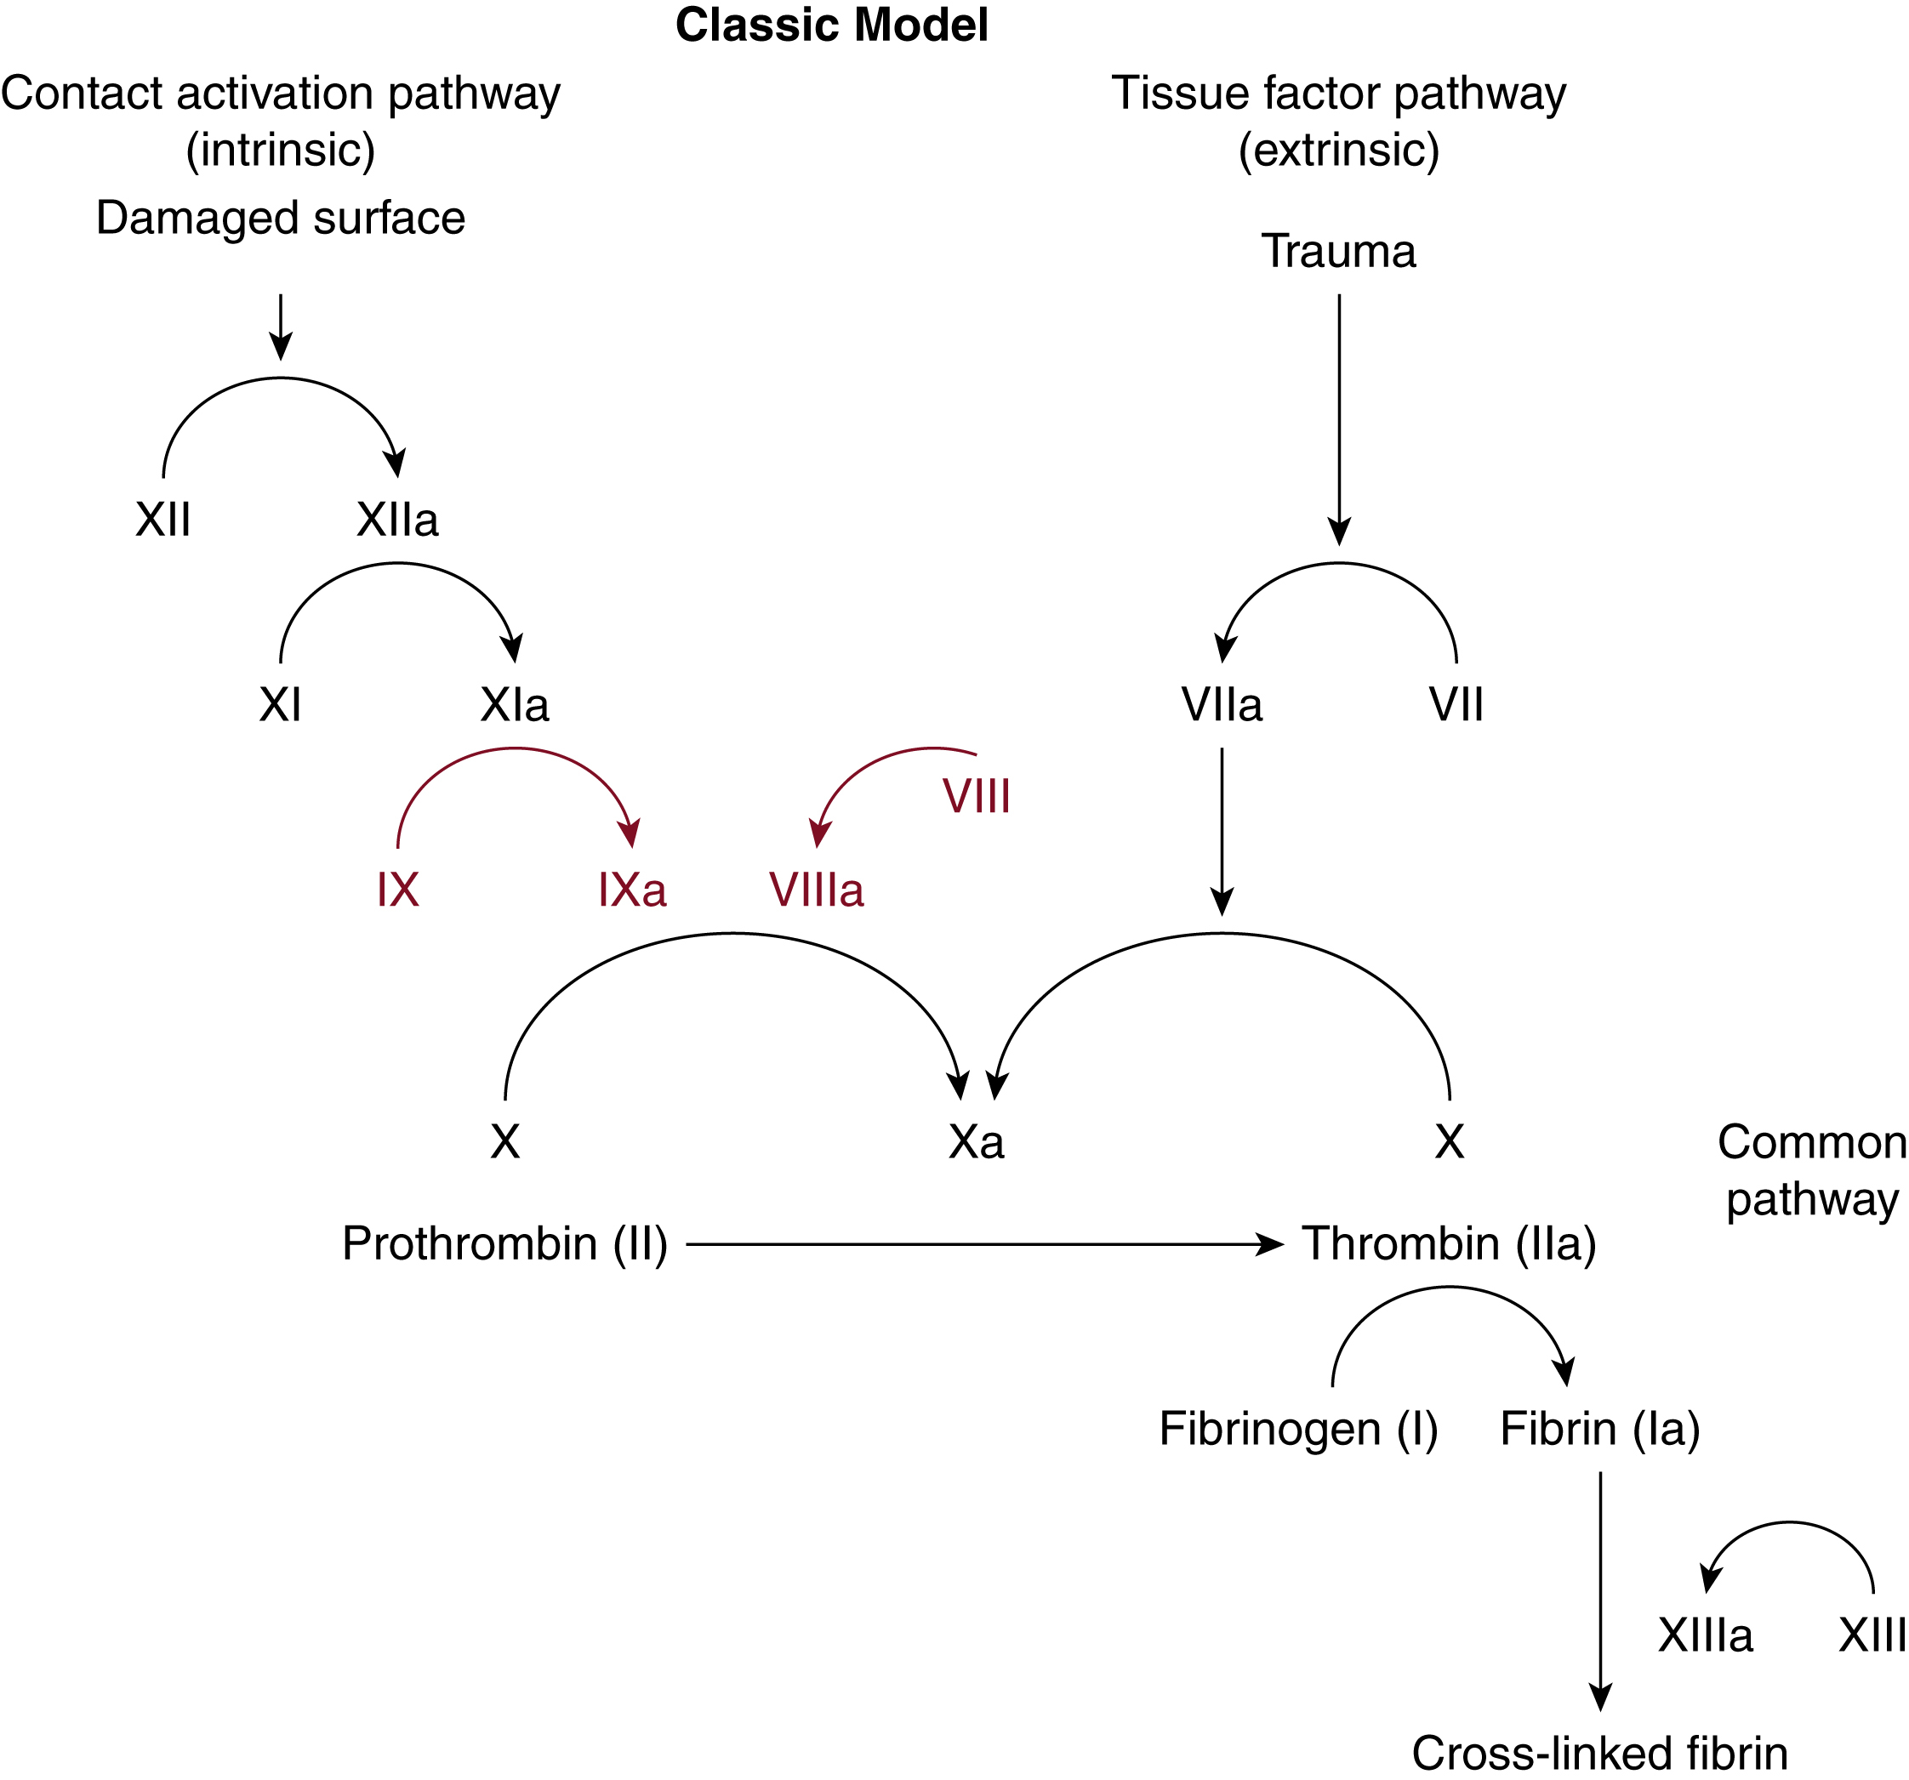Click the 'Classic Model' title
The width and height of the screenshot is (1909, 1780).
[x=832, y=26]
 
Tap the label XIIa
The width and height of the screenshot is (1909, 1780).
[x=397, y=520]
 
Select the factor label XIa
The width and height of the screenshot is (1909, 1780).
[x=515, y=706]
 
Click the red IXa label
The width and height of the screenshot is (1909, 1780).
[x=632, y=890]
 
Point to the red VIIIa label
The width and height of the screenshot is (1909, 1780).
[x=816, y=890]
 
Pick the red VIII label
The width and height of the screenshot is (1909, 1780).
[x=977, y=797]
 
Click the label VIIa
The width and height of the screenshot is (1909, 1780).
[x=1222, y=706]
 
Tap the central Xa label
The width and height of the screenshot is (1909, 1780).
[x=977, y=1142]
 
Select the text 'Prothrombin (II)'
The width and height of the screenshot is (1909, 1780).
[x=505, y=1243]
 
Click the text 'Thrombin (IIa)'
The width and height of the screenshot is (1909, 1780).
[x=1449, y=1243]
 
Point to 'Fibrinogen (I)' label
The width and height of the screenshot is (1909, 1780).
[x=1298, y=1429]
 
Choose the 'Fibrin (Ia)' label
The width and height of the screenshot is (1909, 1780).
[x=1600, y=1429]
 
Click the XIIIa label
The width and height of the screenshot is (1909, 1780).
[x=1706, y=1635]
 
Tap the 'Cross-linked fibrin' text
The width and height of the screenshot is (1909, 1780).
[x=1600, y=1753]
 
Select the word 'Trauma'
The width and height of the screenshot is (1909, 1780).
[x=1339, y=252]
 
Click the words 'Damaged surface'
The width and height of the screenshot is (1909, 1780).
[x=281, y=218]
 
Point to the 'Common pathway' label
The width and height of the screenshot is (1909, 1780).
[x=1811, y=1170]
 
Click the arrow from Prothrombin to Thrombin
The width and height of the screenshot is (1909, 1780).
[x=984, y=1244]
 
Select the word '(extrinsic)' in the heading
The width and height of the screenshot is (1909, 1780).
[x=1339, y=151]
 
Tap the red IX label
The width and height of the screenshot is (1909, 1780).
[x=397, y=890]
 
